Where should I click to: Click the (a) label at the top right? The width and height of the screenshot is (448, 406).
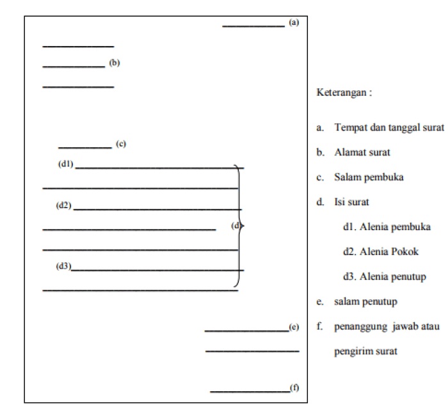pyautogui.click(x=294, y=22)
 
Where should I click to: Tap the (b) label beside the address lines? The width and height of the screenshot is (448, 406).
pyautogui.click(x=115, y=63)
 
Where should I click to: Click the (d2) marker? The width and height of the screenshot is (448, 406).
pyautogui.click(x=63, y=205)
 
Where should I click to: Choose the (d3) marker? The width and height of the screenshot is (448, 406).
pyautogui.click(x=63, y=265)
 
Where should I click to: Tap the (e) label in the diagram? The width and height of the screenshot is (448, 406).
pyautogui.click(x=294, y=327)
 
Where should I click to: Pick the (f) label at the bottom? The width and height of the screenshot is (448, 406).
pyautogui.click(x=294, y=387)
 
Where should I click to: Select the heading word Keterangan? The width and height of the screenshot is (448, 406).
pyautogui.click(x=344, y=92)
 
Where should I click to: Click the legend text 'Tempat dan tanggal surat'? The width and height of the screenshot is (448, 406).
pyautogui.click(x=388, y=127)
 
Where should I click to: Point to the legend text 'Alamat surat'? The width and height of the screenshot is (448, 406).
pyautogui.click(x=362, y=152)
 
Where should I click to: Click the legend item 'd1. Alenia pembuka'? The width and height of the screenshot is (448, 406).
pyautogui.click(x=387, y=227)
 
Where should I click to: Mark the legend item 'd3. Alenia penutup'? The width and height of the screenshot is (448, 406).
pyautogui.click(x=385, y=277)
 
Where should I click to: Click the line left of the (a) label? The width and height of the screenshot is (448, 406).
pyautogui.click(x=253, y=26)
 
